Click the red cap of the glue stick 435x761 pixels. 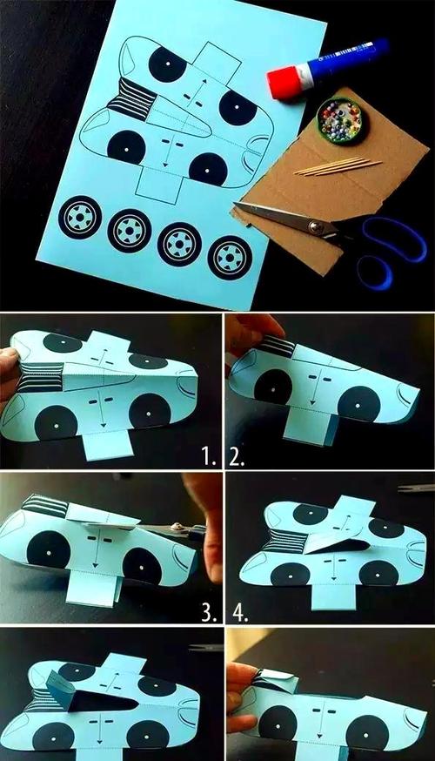(x=285, y=83)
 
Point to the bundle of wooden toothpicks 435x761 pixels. (x=338, y=166)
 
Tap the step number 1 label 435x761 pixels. (x=209, y=457)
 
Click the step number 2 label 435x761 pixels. (x=236, y=457)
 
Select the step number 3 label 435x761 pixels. (x=209, y=613)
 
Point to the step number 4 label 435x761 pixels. (x=240, y=613)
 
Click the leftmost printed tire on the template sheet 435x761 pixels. (x=79, y=218)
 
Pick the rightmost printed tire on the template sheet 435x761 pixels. (x=230, y=257)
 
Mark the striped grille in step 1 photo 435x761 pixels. (x=42, y=377)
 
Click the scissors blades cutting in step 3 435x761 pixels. (x=170, y=530)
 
